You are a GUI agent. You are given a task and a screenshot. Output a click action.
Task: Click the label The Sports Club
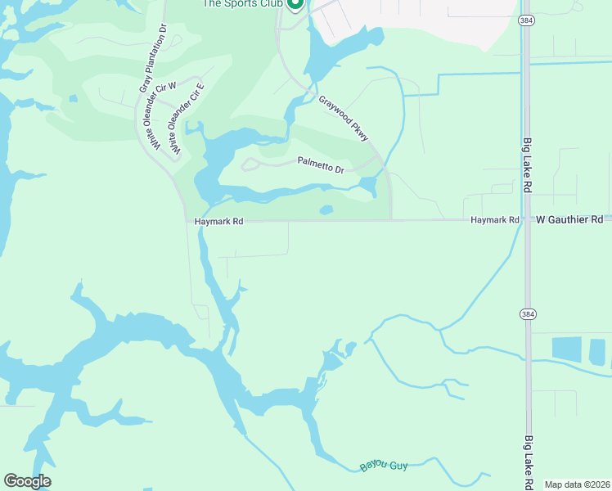[x=243, y=3]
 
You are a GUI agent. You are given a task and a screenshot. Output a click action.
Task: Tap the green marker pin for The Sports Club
[x=295, y=3]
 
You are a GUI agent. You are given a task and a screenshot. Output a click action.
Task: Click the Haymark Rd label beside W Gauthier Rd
[x=495, y=220]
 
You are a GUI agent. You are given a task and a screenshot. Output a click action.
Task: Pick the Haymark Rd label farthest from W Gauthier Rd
[x=219, y=221]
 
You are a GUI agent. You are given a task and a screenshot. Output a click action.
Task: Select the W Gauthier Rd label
[x=569, y=220]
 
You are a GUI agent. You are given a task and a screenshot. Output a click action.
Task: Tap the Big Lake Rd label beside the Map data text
[x=528, y=463]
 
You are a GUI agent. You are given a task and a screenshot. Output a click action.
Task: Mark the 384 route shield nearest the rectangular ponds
[x=528, y=313]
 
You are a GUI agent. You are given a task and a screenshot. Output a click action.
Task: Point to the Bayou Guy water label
[x=383, y=466]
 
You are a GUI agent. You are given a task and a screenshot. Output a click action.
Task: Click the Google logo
[x=27, y=481]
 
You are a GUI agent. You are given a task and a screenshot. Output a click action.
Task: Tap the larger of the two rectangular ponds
[x=566, y=349]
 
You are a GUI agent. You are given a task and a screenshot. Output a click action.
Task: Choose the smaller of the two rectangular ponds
[x=598, y=352]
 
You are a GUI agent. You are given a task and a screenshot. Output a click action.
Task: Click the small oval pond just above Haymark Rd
[x=326, y=209]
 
